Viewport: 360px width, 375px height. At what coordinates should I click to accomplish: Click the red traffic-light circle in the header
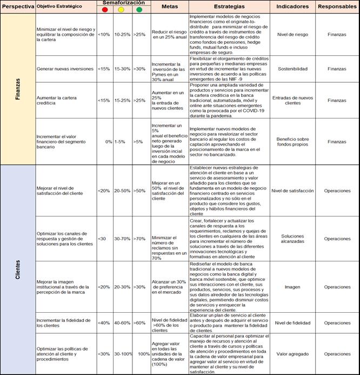click(x=105, y=10)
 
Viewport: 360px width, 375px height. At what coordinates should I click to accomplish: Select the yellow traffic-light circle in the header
click(x=122, y=10)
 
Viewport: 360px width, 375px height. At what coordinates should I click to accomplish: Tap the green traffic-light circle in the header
click(x=139, y=10)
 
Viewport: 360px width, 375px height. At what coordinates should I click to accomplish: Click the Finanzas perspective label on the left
click(x=18, y=89)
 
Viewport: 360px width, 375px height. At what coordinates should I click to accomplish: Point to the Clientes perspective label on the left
click(x=18, y=269)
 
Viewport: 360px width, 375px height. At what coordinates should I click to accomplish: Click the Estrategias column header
click(x=229, y=6)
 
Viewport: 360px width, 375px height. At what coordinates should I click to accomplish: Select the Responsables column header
click(x=337, y=6)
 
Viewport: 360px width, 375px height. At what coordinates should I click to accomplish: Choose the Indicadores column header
click(x=292, y=6)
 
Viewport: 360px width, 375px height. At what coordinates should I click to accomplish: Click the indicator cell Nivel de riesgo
click(x=292, y=34)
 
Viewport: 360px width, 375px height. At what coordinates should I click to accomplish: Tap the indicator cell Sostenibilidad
click(x=292, y=69)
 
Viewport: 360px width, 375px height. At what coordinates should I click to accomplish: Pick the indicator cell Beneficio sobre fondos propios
click(x=292, y=142)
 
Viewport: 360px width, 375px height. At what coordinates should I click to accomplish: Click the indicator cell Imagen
click(x=292, y=287)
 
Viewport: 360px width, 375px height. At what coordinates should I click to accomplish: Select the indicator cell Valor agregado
click(x=292, y=354)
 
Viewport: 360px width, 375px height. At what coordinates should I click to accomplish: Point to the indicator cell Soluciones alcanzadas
click(x=292, y=239)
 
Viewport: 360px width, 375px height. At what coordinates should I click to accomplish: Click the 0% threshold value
click(x=109, y=142)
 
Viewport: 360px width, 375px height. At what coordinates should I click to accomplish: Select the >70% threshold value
click(x=140, y=239)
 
